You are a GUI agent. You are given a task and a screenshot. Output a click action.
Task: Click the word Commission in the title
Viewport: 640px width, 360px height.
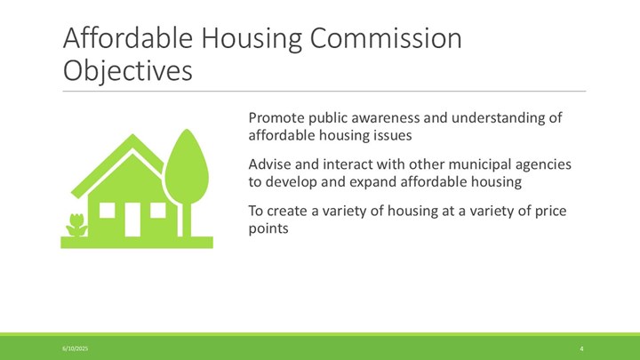(386, 38)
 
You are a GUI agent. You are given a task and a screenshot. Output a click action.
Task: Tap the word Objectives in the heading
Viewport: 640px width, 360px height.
(127, 71)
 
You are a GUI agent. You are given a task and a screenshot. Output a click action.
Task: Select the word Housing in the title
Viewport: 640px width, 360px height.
(252, 39)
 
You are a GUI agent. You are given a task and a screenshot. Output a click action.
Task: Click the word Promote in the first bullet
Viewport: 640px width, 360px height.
(276, 117)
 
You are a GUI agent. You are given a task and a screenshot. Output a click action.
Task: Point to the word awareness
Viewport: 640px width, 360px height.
(385, 117)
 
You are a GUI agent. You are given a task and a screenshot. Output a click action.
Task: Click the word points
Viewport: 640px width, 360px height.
(268, 228)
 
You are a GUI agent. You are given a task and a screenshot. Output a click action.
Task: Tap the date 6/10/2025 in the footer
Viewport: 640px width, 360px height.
(75, 348)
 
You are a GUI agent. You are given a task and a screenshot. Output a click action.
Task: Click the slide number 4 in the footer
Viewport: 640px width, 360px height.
(581, 348)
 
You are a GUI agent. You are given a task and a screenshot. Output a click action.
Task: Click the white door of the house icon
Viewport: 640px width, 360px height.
(132, 220)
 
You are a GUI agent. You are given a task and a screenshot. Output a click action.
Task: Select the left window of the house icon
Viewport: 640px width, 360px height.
(107, 210)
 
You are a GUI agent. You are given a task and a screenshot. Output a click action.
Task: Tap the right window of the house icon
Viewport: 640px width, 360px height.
(158, 210)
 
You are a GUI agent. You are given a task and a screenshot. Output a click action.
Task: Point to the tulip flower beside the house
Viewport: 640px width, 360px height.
(76, 225)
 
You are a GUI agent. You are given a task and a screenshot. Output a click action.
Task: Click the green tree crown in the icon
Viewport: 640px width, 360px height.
(187, 166)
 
